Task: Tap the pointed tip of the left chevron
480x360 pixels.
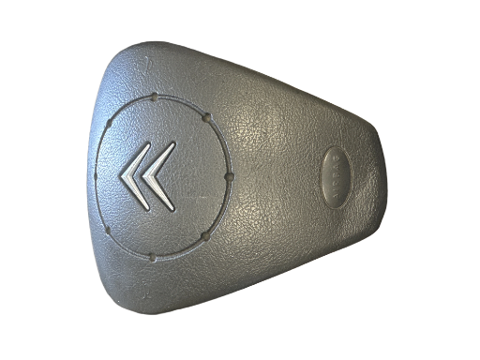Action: click(122, 174)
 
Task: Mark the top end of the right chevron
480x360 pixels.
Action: click(174, 143)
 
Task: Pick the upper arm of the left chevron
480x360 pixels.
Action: click(137, 159)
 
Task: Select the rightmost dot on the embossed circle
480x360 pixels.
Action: click(230, 176)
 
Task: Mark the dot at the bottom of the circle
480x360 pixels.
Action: click(151, 256)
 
